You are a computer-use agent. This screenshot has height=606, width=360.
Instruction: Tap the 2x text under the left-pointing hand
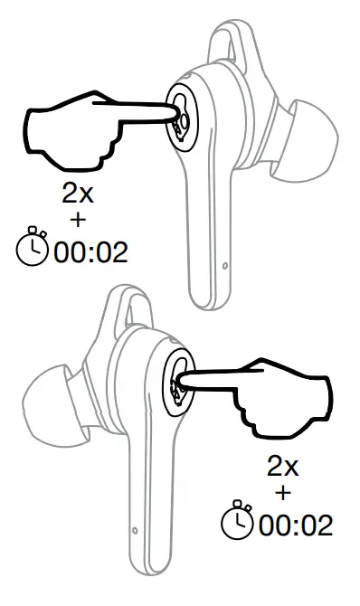[x=282, y=468]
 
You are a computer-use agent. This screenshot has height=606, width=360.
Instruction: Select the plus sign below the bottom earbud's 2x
[x=282, y=494]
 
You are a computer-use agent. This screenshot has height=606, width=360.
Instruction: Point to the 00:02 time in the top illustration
[x=90, y=251]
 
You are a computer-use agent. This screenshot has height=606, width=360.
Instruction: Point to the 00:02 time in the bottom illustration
[x=295, y=524]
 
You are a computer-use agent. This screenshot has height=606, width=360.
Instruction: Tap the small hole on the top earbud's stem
[x=224, y=266]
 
